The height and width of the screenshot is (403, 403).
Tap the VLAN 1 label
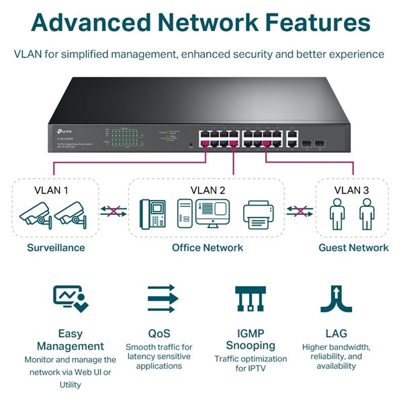(x=51, y=190)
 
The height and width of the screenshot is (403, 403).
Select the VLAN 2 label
(x=208, y=190)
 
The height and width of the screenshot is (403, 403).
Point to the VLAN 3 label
(x=351, y=190)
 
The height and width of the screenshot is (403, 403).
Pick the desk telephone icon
(x=152, y=213)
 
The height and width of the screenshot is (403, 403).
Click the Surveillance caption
(x=56, y=248)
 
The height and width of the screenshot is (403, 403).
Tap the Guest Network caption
(x=353, y=248)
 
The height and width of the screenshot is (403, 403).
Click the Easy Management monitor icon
(x=71, y=298)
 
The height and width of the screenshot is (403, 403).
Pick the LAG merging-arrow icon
(x=336, y=298)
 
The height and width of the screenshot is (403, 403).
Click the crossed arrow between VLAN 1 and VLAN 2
(x=114, y=212)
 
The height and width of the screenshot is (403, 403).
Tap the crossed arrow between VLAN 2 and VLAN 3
(x=301, y=212)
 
